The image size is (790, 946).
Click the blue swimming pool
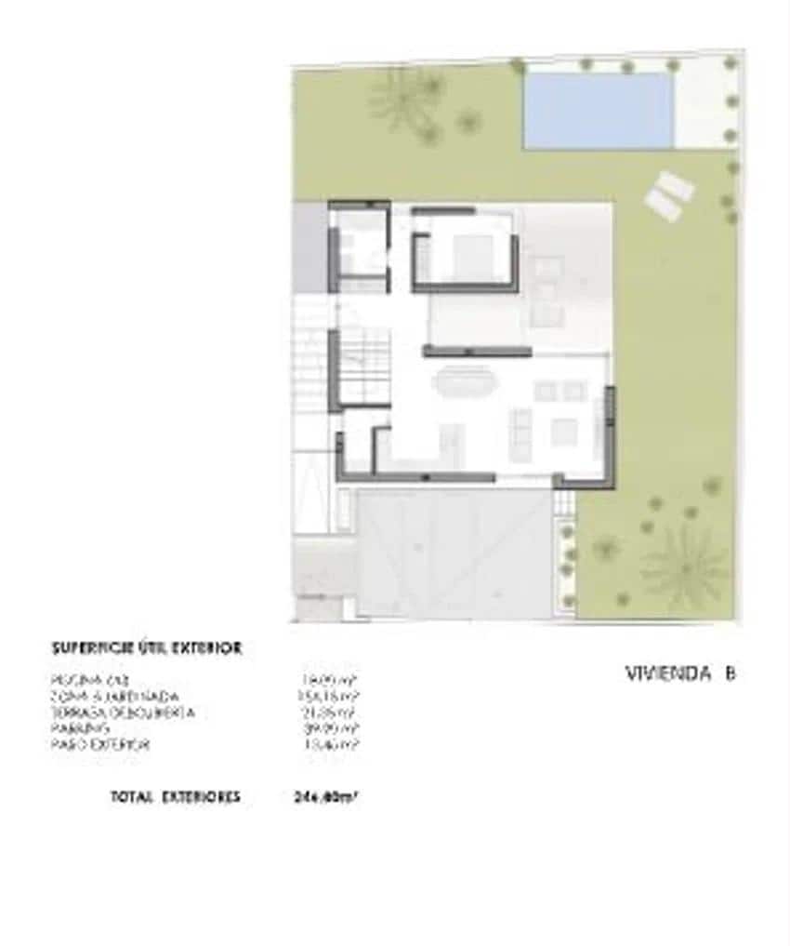(x=598, y=110)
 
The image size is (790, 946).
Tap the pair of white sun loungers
(x=668, y=196)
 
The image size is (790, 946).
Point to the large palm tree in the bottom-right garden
(x=686, y=564)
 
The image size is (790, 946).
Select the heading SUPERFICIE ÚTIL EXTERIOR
(x=147, y=647)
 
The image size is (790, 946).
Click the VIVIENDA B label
(x=680, y=673)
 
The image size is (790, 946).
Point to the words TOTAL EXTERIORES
(x=175, y=796)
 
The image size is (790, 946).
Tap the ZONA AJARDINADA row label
(x=115, y=696)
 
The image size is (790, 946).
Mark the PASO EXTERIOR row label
(x=101, y=745)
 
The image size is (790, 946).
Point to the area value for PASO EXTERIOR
(x=324, y=745)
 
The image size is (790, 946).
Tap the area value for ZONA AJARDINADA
(x=324, y=696)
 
